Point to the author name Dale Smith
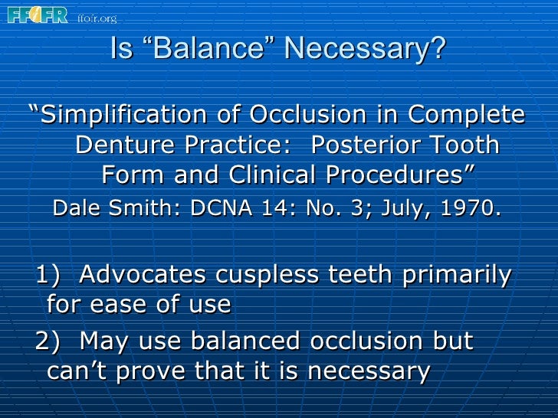(x=97, y=207)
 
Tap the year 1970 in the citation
(x=471, y=207)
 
